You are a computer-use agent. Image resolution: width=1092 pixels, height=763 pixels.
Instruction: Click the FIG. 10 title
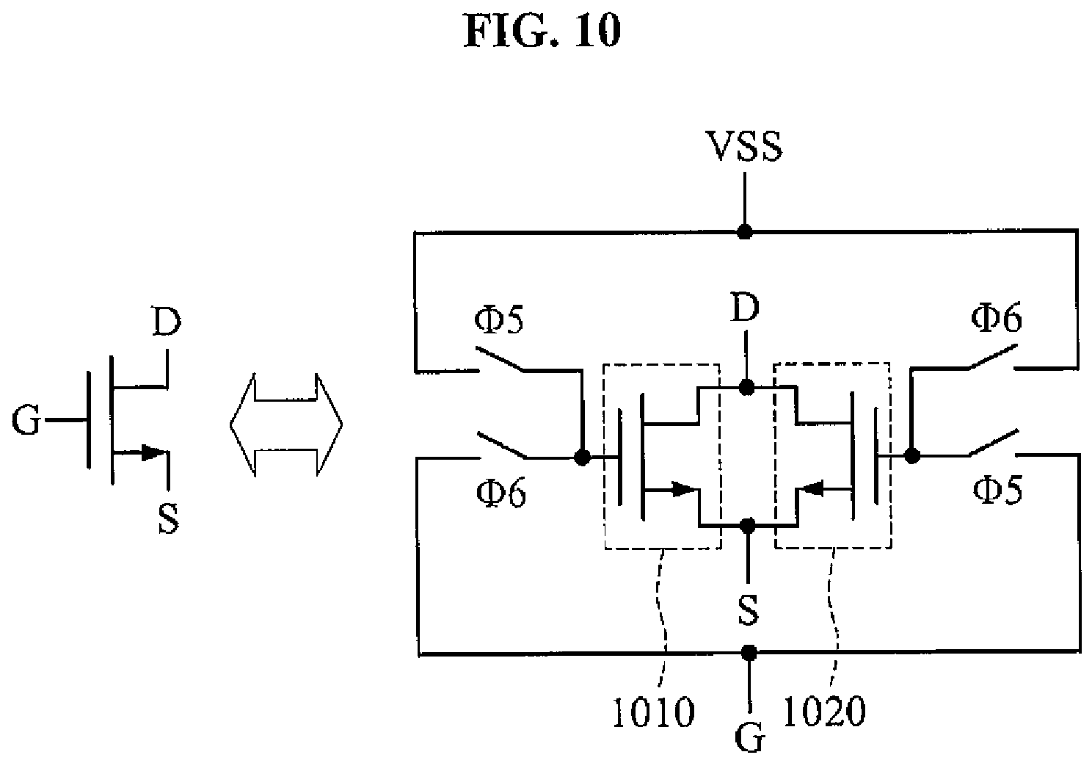(x=542, y=31)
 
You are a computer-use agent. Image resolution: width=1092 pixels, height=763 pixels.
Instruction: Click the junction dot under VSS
(x=744, y=232)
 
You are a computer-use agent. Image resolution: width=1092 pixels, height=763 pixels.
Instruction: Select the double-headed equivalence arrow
(x=286, y=424)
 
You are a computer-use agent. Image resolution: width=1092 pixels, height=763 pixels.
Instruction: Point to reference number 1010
(x=652, y=713)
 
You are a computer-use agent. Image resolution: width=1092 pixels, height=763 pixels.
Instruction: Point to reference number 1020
(x=824, y=711)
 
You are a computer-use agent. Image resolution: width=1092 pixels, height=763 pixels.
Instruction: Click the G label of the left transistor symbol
(x=26, y=420)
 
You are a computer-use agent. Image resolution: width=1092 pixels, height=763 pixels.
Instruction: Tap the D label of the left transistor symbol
(x=167, y=321)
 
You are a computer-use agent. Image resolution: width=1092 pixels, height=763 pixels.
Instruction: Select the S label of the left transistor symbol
(x=169, y=519)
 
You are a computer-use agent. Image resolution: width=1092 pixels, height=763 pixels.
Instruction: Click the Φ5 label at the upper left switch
(x=499, y=319)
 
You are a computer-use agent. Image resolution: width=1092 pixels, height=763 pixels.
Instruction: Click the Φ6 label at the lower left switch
(x=501, y=493)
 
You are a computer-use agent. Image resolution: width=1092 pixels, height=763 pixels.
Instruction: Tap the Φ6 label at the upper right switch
(x=997, y=317)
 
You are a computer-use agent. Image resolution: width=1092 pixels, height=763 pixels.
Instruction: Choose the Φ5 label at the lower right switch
(x=998, y=490)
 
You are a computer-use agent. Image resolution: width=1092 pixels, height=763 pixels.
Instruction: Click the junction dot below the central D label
(x=746, y=387)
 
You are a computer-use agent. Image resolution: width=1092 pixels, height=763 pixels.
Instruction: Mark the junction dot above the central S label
(x=747, y=525)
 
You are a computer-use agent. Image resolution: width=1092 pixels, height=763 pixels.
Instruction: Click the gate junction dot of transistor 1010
(x=581, y=458)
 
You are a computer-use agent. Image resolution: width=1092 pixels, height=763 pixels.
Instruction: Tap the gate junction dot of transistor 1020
(x=911, y=455)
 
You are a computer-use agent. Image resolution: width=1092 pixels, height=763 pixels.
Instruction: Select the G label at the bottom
(x=750, y=740)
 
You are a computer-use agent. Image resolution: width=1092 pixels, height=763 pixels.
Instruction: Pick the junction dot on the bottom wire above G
(x=749, y=652)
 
